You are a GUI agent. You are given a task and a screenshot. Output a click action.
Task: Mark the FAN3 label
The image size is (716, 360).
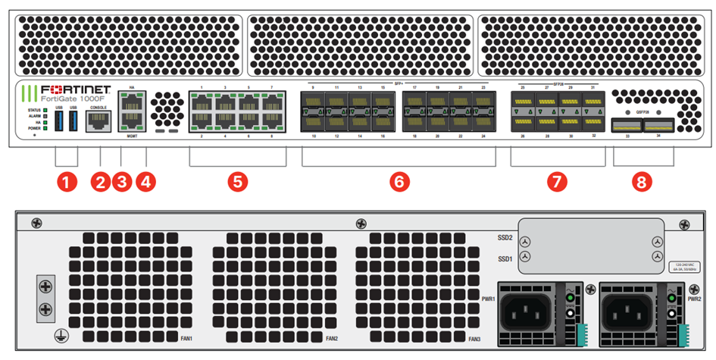click(x=475, y=338)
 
